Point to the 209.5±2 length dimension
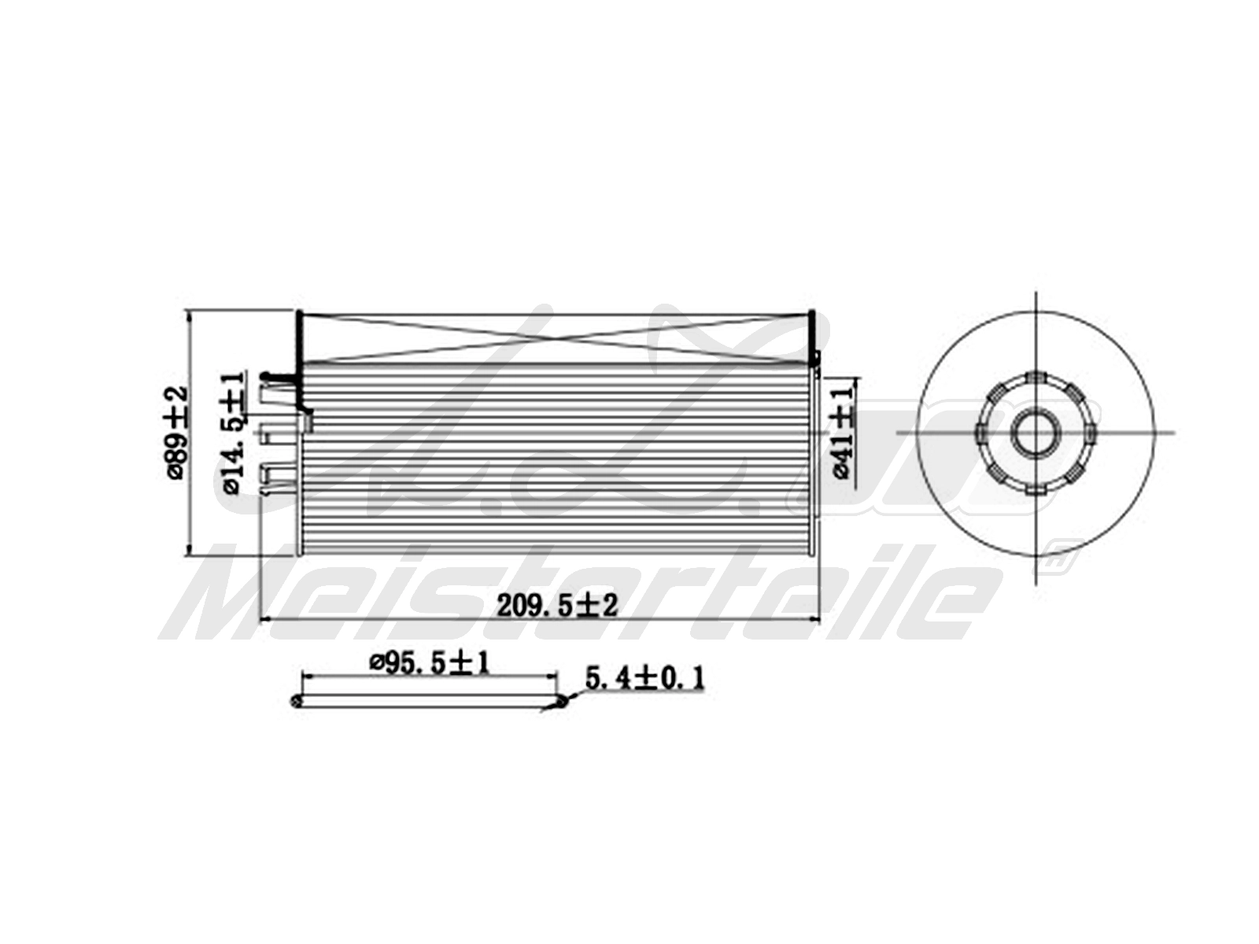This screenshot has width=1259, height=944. [x=556, y=605]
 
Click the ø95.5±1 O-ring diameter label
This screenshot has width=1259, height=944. [x=430, y=662]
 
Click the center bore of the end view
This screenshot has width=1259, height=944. [x=1034, y=432]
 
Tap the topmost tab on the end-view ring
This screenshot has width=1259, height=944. [x=1034, y=378]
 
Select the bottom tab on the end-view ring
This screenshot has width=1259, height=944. [x=1034, y=487]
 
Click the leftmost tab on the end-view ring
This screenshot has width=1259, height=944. [x=980, y=432]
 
